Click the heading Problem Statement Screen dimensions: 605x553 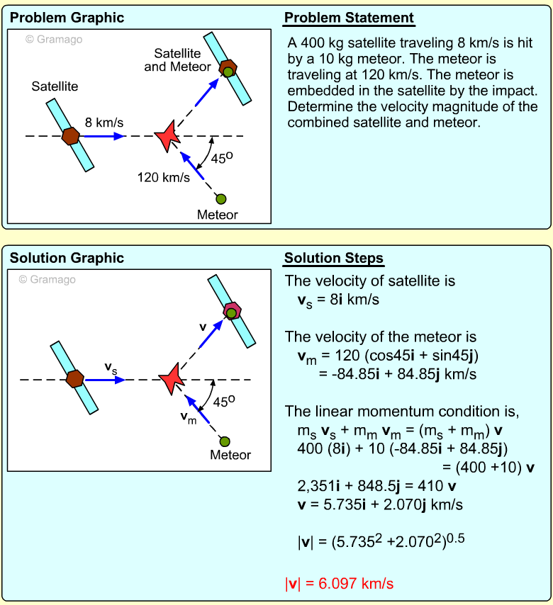349,18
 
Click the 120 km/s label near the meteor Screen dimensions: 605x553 164,178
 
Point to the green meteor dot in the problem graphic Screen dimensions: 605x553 220,199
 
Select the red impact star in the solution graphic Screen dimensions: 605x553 171,380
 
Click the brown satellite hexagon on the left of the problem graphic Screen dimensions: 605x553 70,135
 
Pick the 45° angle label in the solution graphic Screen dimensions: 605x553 225,402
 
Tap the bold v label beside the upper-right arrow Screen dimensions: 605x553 203,327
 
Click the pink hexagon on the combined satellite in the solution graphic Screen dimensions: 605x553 232,311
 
